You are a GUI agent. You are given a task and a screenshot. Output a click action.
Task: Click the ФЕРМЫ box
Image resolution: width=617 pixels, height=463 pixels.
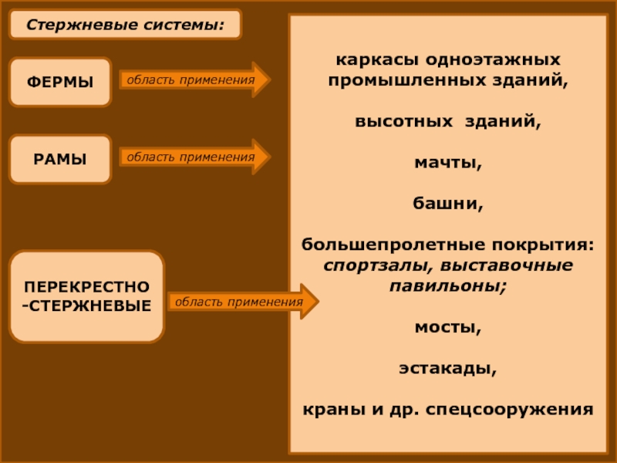pos(59,81)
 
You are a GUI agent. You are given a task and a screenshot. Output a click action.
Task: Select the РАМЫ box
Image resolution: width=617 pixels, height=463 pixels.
pos(59,159)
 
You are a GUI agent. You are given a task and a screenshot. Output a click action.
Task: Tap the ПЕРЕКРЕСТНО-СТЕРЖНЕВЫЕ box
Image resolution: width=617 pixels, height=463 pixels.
pos(86,296)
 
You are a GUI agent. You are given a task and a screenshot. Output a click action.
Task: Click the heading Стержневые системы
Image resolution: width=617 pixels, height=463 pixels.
pos(125,25)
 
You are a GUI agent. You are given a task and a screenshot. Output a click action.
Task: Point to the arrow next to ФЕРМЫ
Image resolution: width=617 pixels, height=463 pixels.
pos(194,79)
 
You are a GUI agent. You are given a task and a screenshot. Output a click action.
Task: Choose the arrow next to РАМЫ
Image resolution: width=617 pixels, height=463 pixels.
pos(194,157)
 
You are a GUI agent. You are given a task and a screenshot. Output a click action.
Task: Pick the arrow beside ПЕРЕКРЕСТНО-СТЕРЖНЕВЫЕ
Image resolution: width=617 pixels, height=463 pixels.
pos(242,302)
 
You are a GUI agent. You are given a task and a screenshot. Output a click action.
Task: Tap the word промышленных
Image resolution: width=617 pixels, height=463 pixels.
pos(393,79)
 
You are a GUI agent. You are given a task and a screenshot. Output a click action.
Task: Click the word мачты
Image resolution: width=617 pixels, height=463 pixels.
pos(448,164)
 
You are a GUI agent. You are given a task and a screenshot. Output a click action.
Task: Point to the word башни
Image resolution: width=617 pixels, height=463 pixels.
pos(448,204)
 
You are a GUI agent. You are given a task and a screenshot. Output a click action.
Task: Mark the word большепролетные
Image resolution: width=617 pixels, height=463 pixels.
pos(368,245)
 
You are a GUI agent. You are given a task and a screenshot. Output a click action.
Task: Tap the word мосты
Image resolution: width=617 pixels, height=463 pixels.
pos(447,326)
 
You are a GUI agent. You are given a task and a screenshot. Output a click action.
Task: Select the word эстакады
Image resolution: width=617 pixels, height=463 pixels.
pos(447,367)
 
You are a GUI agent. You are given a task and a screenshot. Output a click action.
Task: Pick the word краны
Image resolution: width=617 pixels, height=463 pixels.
pos(329,409)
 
